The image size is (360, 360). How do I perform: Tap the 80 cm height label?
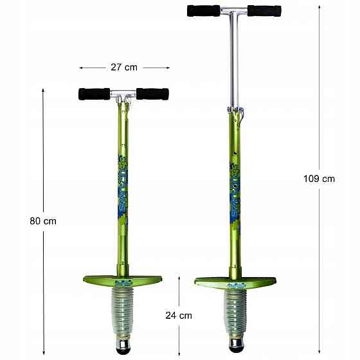43,221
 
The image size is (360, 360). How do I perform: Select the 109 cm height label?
318,179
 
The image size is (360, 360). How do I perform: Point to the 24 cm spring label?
179,315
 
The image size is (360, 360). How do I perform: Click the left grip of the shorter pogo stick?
94,94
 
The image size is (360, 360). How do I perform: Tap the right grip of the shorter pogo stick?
153,94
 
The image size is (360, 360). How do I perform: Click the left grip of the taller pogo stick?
201,10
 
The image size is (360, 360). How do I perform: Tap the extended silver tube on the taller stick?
234,64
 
